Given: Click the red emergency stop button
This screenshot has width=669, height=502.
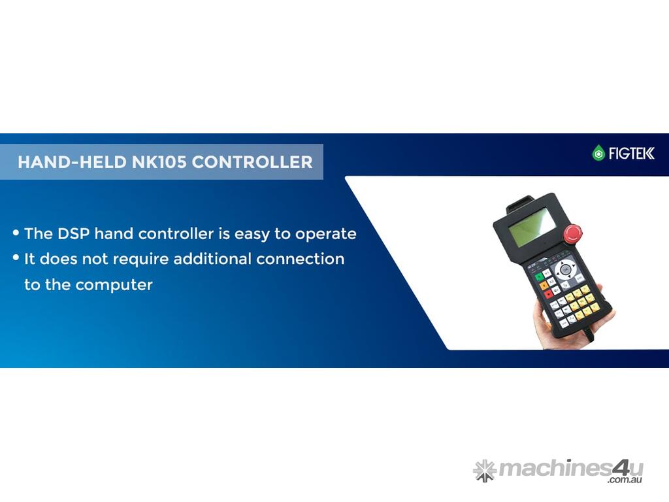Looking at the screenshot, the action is point(572,234).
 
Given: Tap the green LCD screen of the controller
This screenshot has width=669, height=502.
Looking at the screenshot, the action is point(532,227).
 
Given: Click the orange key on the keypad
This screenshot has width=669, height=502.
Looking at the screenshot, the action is point(544,286).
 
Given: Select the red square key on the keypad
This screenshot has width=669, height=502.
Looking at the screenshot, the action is point(549,294).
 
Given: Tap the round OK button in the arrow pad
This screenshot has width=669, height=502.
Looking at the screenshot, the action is point(565,270).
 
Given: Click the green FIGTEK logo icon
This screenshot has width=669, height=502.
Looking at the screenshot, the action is point(598,153).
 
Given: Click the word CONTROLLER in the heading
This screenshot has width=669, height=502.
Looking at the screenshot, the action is point(252,162).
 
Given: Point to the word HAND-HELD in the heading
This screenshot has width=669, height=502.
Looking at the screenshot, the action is point(72,162).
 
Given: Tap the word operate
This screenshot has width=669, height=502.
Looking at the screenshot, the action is point(326,235).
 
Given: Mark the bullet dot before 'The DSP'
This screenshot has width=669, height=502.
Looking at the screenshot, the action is point(16,233).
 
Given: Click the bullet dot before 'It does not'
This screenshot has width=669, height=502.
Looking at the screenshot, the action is point(16,258).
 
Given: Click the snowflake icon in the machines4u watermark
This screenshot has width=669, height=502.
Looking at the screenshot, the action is point(485,471).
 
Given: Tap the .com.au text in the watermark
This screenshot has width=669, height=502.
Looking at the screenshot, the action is point(625,480).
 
